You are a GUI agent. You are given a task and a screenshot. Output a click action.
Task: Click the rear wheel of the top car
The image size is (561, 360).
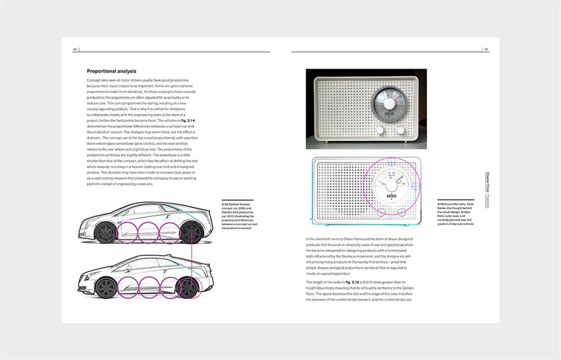tap(193, 232)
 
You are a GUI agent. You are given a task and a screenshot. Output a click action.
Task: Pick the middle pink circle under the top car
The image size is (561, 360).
tap(148, 232)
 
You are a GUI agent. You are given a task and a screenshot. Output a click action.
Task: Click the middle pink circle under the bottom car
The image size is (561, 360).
tap(148, 287)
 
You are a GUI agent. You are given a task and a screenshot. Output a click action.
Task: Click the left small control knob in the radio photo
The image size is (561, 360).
tap(380, 130)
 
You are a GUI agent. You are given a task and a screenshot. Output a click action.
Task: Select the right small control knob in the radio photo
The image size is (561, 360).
tap(401, 130)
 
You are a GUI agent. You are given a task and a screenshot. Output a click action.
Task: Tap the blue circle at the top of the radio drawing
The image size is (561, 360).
tap(391, 162)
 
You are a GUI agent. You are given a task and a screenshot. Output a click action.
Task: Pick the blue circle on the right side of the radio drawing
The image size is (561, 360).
tap(416, 186)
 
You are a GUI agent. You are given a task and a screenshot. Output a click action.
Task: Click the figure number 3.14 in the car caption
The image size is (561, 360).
tap(224, 204)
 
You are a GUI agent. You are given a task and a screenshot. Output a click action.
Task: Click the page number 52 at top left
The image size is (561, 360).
tap(75, 49)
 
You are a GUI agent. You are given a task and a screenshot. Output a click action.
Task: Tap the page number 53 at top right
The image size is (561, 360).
tap(486, 49)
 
